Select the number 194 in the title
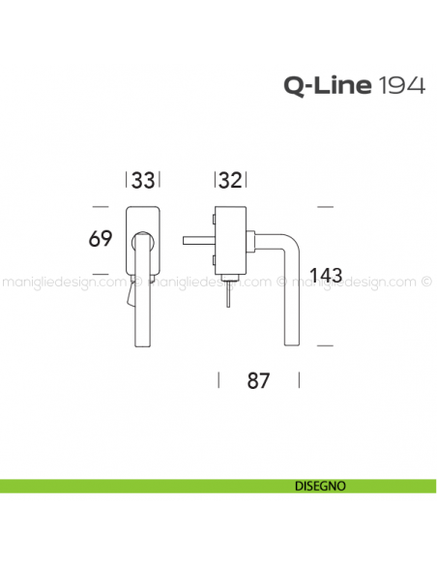point(399,87)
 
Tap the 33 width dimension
point(143,181)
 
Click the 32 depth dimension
point(230,181)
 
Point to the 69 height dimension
point(102,238)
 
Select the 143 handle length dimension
point(330,275)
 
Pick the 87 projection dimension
point(257,380)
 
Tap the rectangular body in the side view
point(230,242)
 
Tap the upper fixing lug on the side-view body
point(215,221)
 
